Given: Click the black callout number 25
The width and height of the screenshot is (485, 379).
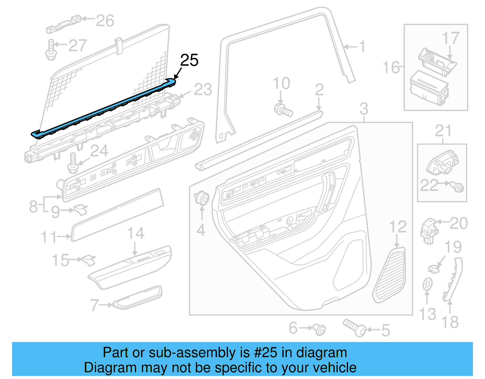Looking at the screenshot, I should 189,60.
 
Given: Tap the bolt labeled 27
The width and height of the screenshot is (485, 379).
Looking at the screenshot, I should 51,50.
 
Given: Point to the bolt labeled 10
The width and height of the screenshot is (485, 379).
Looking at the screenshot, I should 283,110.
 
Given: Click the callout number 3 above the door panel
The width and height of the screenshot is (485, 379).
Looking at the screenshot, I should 364,109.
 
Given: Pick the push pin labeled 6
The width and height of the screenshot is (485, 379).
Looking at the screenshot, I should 319,329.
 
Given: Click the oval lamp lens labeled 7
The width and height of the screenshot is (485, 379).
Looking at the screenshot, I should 137,297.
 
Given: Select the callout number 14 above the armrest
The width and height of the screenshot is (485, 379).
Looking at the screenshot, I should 135,233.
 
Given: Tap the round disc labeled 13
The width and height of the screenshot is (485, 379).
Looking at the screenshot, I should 427,285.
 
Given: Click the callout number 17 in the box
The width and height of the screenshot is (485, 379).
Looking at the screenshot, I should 450,39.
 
